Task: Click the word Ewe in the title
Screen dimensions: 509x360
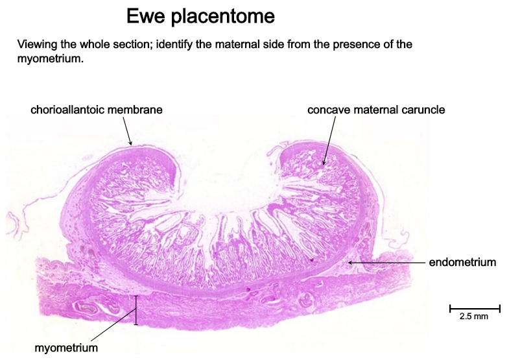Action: click(x=145, y=16)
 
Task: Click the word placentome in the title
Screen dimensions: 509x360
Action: click(x=222, y=17)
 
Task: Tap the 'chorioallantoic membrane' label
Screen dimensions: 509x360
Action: click(x=97, y=110)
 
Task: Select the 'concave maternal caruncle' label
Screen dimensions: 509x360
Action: click(x=376, y=110)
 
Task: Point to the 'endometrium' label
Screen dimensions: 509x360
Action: click(x=462, y=262)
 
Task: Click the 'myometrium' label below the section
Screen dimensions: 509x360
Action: click(x=66, y=348)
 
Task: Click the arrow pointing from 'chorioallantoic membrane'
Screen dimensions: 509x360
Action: click(x=127, y=131)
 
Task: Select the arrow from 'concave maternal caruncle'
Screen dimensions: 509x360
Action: click(x=329, y=141)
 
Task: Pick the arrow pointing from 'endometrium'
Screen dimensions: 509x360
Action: click(x=386, y=262)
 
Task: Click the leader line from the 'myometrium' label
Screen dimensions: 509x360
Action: click(x=113, y=324)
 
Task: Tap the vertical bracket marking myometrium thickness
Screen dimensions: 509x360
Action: click(x=136, y=310)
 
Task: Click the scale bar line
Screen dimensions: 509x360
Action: click(x=475, y=308)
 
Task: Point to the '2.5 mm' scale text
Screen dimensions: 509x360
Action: click(x=474, y=316)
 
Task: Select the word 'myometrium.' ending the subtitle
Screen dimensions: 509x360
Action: click(x=51, y=59)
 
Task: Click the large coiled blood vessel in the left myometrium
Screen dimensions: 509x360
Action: click(x=86, y=307)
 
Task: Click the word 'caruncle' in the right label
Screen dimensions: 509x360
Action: click(x=423, y=110)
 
